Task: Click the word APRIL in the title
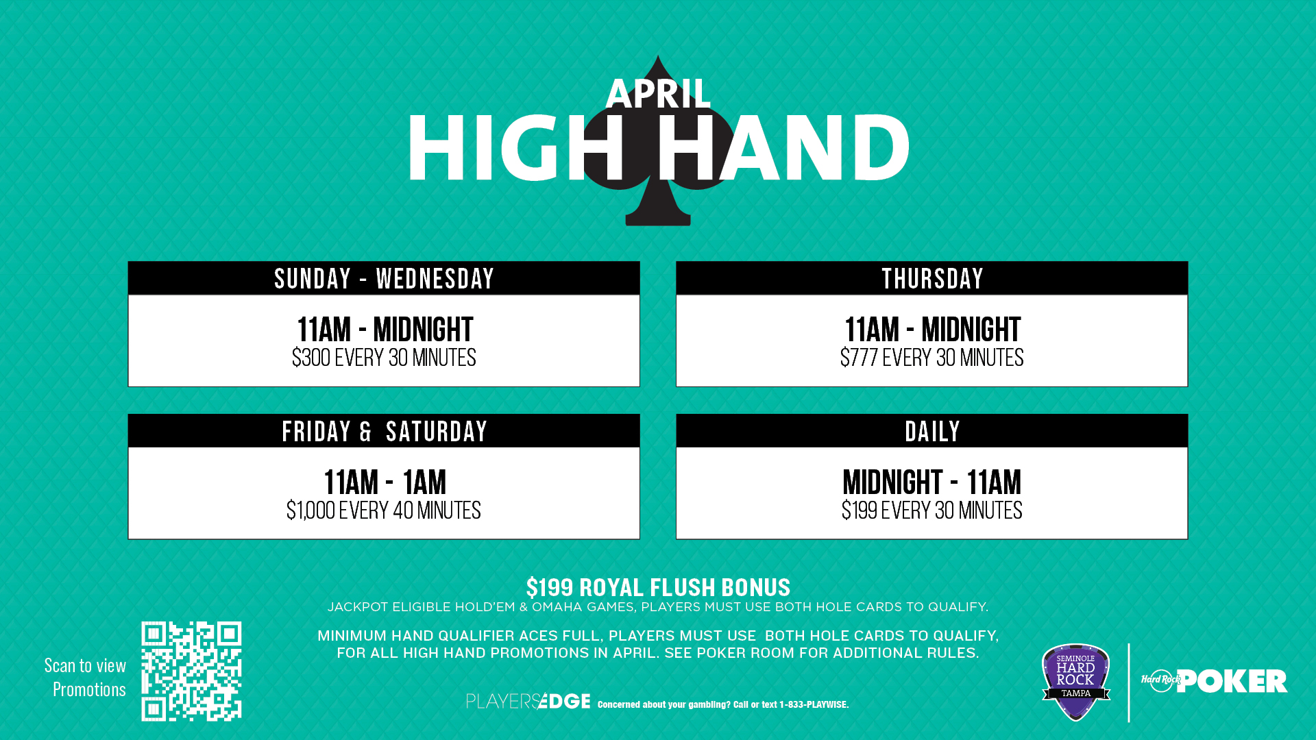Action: pyautogui.click(x=658, y=94)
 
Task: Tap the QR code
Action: pyautogui.click(x=191, y=671)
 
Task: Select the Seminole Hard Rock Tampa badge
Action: pyautogui.click(x=1076, y=682)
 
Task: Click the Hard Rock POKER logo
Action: pyautogui.click(x=1214, y=681)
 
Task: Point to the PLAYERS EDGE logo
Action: pyautogui.click(x=528, y=701)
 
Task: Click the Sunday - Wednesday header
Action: pyautogui.click(x=384, y=279)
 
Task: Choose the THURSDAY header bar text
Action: pyautogui.click(x=932, y=279)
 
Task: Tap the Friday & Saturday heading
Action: pyautogui.click(x=384, y=432)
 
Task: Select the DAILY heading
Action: pyautogui.click(x=932, y=432)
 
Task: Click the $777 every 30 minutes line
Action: pyautogui.click(x=932, y=358)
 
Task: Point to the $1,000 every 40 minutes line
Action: pyautogui.click(x=384, y=510)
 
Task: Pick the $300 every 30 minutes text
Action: pyautogui.click(x=384, y=358)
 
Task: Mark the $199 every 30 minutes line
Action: pyautogui.click(x=932, y=510)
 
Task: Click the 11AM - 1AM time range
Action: pyautogui.click(x=385, y=482)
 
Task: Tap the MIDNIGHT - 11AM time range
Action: pyautogui.click(x=932, y=482)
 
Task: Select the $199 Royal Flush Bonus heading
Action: pyautogui.click(x=658, y=587)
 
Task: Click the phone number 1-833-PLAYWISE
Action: pyautogui.click(x=814, y=704)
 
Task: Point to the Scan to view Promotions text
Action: pyautogui.click(x=86, y=677)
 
